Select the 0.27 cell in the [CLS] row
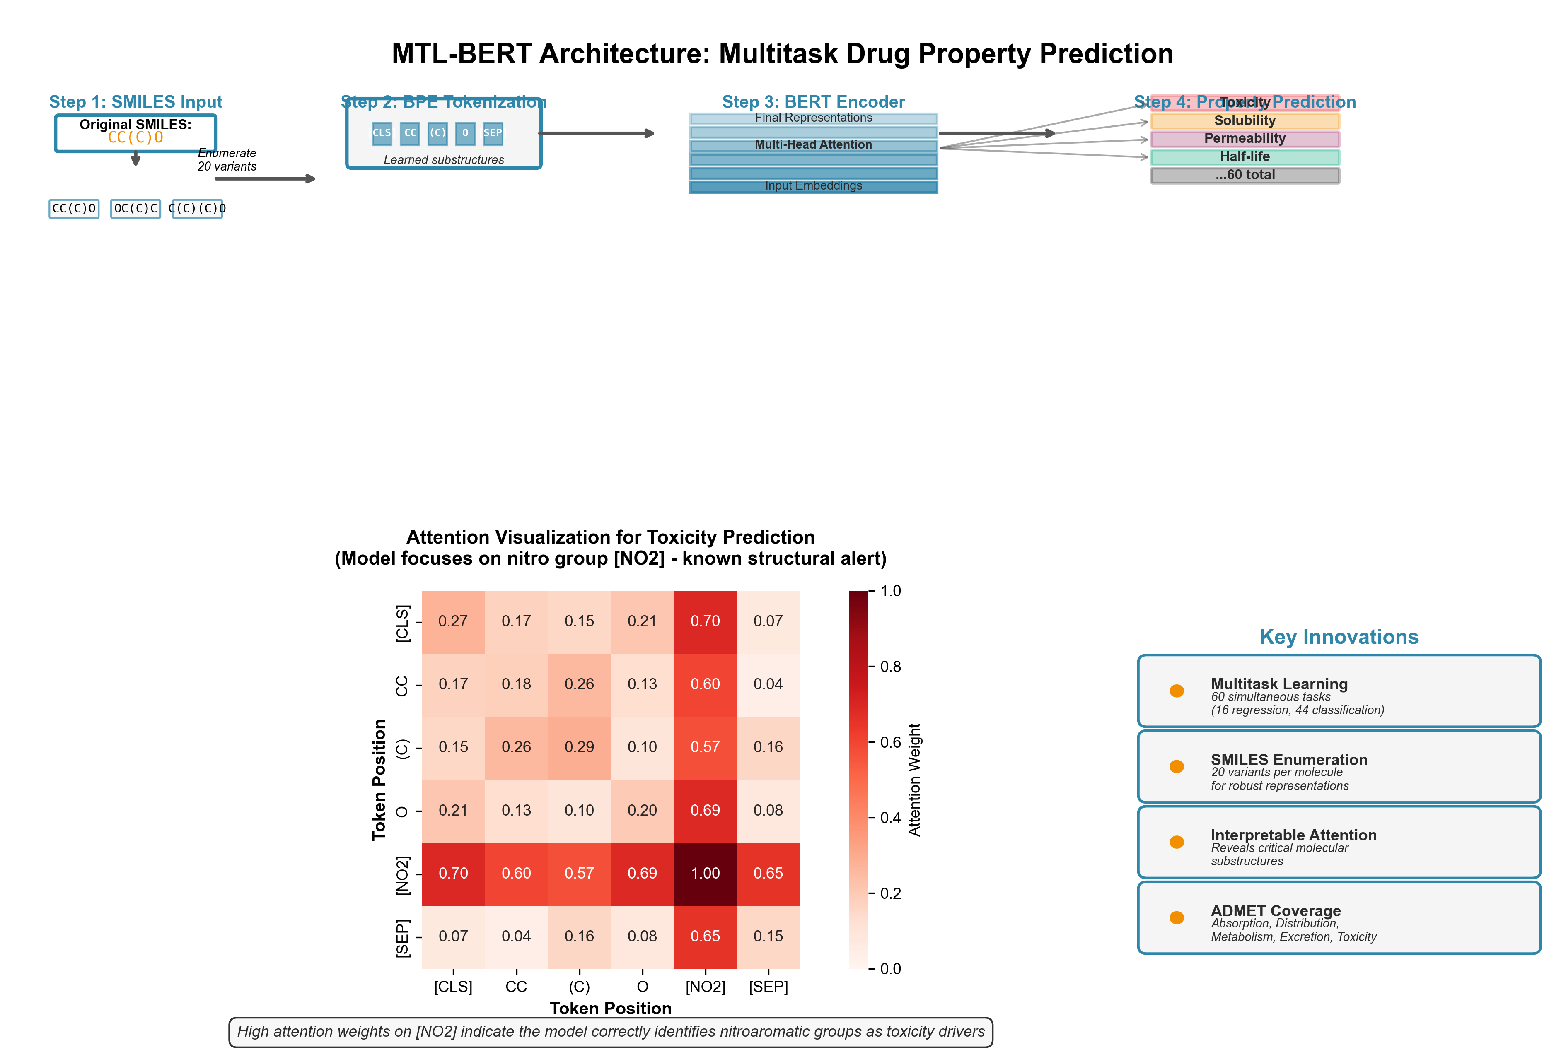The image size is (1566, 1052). point(453,621)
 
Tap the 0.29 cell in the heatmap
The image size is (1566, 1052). point(579,747)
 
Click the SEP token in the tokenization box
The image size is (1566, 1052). point(493,133)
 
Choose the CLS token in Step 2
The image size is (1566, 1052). point(382,133)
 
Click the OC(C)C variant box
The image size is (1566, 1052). point(135,209)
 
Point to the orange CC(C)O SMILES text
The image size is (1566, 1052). point(135,137)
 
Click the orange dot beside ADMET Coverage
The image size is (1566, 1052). point(1177,918)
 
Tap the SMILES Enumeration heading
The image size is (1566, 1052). point(1289,760)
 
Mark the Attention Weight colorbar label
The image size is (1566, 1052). point(914,780)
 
